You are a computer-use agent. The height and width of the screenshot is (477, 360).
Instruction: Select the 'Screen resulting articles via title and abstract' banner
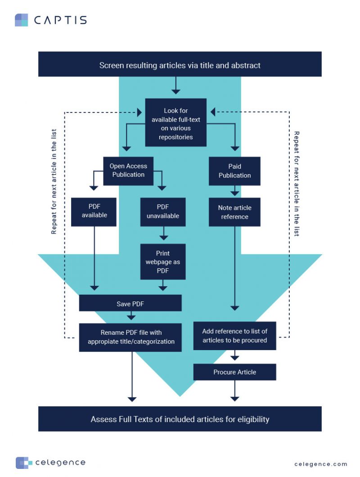click(180, 65)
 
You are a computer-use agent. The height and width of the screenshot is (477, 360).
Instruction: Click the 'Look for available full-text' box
click(176, 123)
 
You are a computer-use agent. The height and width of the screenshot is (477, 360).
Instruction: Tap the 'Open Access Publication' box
click(128, 171)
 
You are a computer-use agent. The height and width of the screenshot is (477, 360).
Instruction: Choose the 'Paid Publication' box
click(234, 171)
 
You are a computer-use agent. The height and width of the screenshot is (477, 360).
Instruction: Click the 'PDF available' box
click(94, 211)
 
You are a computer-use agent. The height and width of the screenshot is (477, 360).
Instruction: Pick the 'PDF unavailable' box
click(163, 211)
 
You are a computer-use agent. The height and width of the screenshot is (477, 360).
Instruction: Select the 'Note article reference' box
click(234, 212)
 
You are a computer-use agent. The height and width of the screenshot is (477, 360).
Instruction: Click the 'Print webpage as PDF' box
click(163, 261)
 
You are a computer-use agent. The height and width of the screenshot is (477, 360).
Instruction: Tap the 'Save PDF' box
click(130, 303)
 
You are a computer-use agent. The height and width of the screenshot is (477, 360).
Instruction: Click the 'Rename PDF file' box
click(130, 337)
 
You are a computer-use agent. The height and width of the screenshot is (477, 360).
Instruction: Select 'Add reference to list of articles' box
click(234, 336)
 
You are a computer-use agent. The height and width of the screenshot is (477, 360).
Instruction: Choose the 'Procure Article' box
click(234, 372)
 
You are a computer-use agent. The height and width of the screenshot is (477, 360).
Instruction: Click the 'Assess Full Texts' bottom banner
click(180, 419)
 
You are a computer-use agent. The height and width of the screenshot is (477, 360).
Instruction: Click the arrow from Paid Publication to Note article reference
click(234, 191)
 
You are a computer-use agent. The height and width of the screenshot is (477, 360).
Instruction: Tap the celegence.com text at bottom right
click(321, 464)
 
